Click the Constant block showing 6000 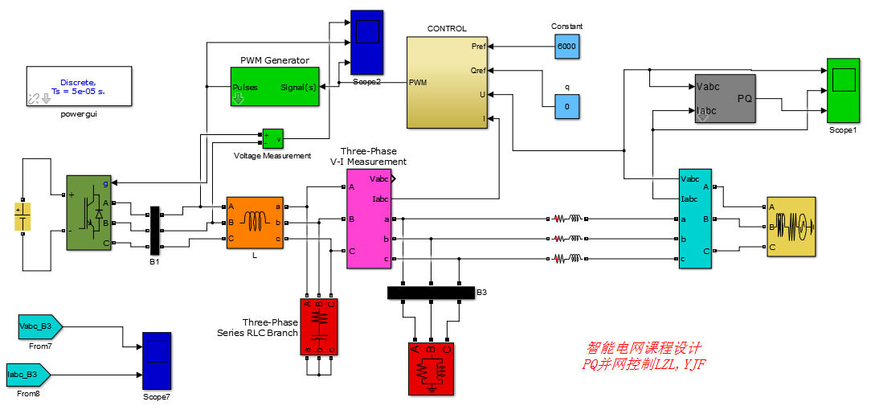tap(567, 47)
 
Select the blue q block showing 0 tap(567, 106)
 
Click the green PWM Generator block tap(275, 87)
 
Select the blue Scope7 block tap(156, 361)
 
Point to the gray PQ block tap(725, 98)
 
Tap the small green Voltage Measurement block tap(273, 139)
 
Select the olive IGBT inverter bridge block tap(88, 213)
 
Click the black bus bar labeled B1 tap(155, 231)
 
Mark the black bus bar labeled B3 tap(431, 293)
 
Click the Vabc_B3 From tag tap(39, 327)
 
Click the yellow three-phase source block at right tap(790, 227)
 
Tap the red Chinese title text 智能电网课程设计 tap(644, 349)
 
